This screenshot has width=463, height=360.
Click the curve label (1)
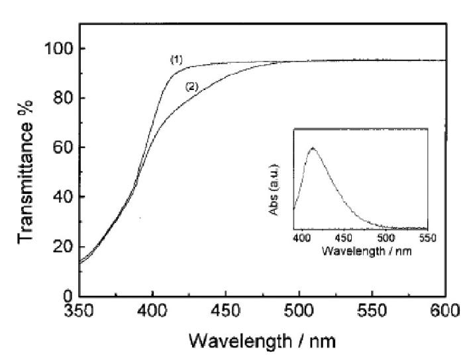tap(176, 60)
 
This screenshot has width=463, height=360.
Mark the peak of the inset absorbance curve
tap(313, 148)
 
